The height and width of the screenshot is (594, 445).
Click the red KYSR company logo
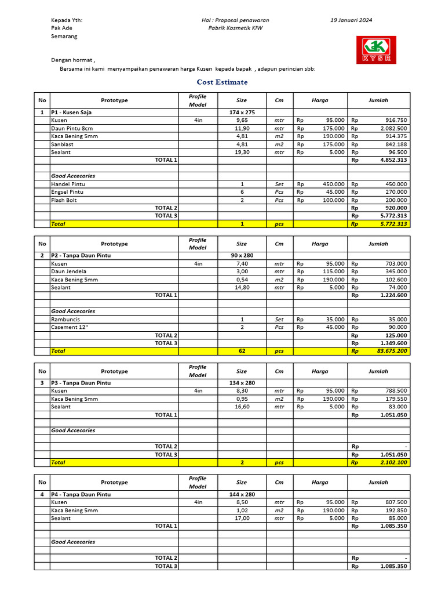pos(377,50)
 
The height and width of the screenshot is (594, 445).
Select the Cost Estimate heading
pos(222,82)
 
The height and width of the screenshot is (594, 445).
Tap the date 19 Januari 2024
pos(351,20)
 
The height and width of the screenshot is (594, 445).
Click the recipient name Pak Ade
pos(61,28)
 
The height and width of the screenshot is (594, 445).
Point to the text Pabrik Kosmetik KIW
pos(235,28)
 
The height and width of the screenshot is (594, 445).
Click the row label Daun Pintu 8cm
pos(72,128)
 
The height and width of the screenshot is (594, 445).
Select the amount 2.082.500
pos(394,128)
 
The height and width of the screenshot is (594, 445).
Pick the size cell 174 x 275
pos(242,112)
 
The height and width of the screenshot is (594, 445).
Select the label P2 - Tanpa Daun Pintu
pos(81,255)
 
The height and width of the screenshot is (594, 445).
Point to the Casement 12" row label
pos(68,327)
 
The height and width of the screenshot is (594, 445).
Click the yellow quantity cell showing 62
pos(242,351)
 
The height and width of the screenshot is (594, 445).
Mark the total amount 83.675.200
pos(392,351)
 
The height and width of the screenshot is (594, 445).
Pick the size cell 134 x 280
pos(242,383)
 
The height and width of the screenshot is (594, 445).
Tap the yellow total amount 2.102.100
pos(394,462)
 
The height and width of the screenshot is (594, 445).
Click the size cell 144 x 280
pos(242,494)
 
